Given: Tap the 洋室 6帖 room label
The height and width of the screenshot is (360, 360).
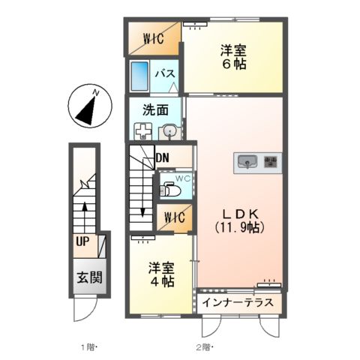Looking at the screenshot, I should coord(232,58).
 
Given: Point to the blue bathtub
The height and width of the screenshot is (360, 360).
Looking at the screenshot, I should coord(140,76).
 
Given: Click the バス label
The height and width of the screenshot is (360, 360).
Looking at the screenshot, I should coord(166,74).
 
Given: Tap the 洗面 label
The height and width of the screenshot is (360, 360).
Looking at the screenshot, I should coord(156,109).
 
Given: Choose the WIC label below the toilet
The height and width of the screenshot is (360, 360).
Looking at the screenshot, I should coord(174,220).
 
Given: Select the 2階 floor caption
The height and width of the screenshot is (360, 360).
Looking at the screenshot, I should coord(205,346).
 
